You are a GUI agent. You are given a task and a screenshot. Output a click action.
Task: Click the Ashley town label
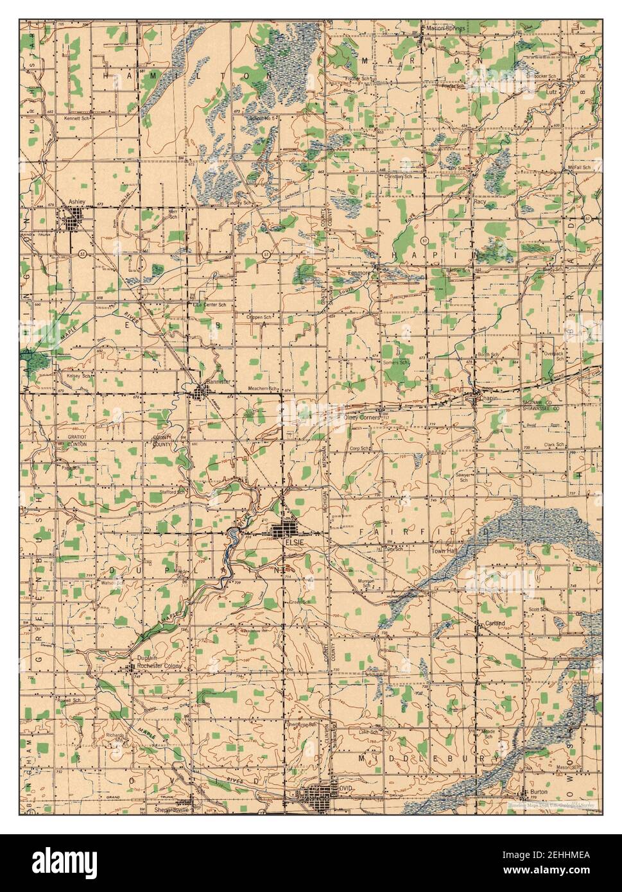(x=76, y=201)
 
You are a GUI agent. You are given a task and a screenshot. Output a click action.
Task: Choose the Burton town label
(x=534, y=793)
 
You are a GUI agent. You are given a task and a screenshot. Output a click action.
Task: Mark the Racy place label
(x=479, y=202)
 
